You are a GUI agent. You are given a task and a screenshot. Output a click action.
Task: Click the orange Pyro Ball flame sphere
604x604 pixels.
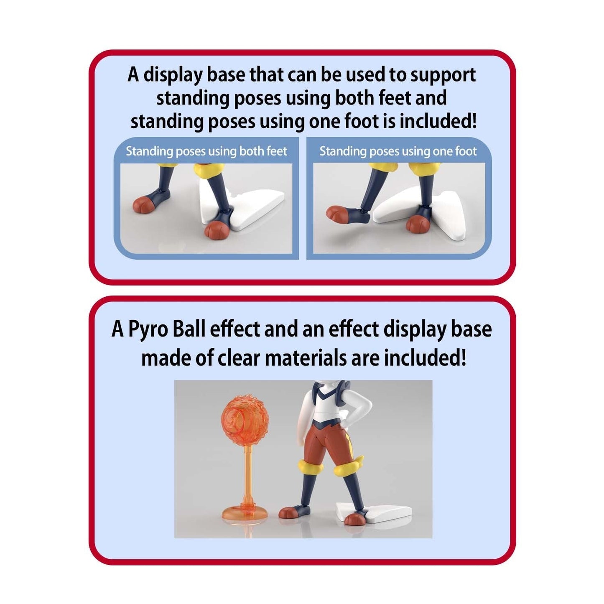click(245, 417)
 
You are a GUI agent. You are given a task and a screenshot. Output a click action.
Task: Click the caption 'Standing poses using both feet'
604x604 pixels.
click(206, 151)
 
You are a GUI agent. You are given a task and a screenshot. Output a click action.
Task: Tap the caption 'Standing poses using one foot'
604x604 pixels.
click(398, 151)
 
